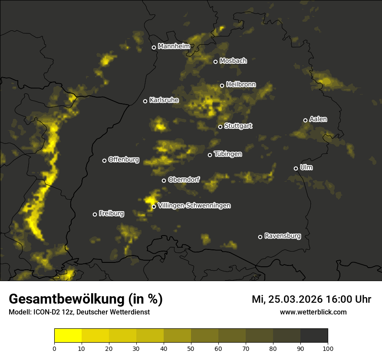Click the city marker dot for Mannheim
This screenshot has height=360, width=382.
tap(154, 48)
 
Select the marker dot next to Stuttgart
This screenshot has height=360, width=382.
tap(220, 127)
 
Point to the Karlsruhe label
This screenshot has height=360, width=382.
tap(164, 100)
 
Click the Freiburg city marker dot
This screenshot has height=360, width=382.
tap(95, 214)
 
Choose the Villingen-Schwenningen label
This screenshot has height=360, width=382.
tap(194, 206)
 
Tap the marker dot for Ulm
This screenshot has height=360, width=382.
tap(296, 168)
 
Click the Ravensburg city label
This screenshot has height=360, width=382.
tap(283, 236)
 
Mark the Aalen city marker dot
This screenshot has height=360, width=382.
tap(305, 120)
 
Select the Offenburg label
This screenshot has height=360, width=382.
tap(124, 160)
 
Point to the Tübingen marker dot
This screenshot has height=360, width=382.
tap(210, 155)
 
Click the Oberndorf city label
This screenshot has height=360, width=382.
tap(184, 180)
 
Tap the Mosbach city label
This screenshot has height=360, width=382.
tap(233, 61)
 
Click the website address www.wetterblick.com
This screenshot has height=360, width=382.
tap(313, 312)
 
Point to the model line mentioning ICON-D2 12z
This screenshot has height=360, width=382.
tap(79, 312)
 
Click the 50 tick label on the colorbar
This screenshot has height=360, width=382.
tap(191, 348)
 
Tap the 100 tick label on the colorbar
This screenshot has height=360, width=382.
tap(328, 348)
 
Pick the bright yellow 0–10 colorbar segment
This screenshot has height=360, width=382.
tap(68, 336)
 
